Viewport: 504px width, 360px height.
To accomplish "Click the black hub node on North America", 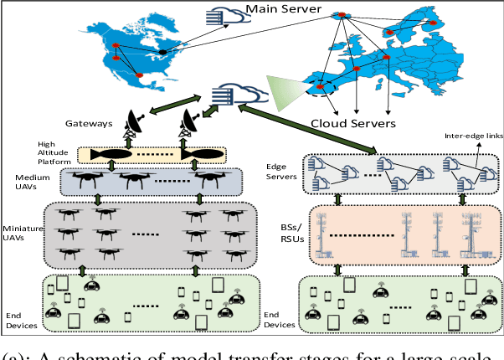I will click(163, 51).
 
